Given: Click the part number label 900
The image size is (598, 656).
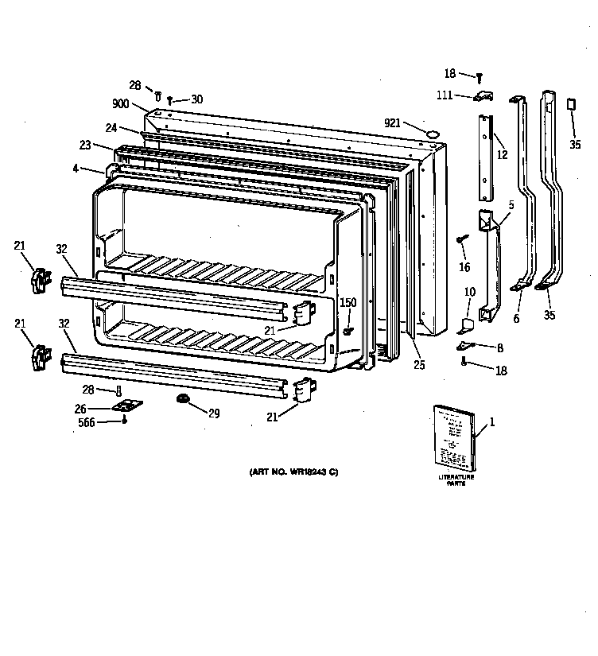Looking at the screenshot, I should coord(122,103).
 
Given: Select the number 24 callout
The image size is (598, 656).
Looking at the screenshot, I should coord(111,127).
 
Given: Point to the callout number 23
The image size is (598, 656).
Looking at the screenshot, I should coord(85,145).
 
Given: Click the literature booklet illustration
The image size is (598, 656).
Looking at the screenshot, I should coord(454,437).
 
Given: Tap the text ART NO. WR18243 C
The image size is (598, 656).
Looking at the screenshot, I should coord(293,473).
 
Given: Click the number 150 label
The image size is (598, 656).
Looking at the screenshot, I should coord(348,302).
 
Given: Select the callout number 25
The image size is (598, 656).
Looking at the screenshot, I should coord(418,365).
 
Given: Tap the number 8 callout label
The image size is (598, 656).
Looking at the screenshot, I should coord(499,347).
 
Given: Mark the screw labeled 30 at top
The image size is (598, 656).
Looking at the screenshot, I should coord(170,101).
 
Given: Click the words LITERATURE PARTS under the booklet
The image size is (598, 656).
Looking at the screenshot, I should coord(456,479).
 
